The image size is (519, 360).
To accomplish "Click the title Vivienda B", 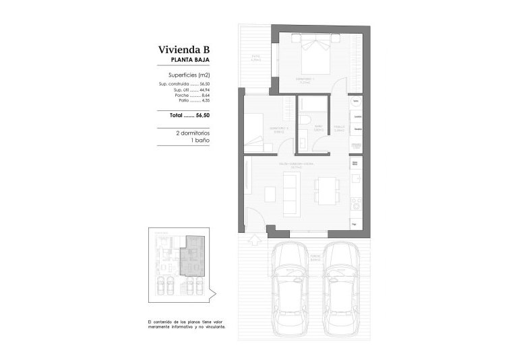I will (184, 49).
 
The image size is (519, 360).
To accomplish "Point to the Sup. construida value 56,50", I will (205, 84).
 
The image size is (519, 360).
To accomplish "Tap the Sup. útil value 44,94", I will (205, 89).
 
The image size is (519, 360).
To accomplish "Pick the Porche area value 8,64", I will (206, 95).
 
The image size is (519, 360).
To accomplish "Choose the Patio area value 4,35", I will (206, 100).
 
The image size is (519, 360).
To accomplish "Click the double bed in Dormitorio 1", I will (313, 54).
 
